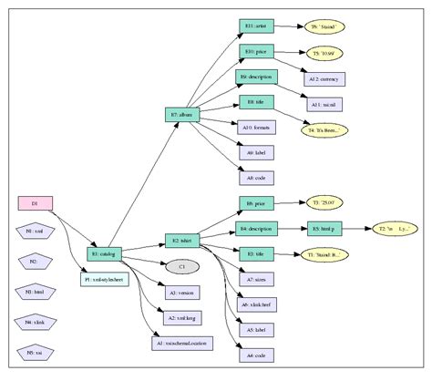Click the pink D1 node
coord(35,202)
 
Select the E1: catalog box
coord(105,252)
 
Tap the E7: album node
coord(181,115)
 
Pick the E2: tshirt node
coord(180,241)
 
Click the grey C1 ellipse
coord(181,266)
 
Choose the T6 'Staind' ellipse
coord(324,28)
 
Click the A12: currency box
coord(324,79)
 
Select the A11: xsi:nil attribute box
coord(324,105)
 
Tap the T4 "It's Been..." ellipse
coord(324,130)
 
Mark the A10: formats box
coord(257,128)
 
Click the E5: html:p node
coord(324,228)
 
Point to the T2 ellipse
coord(393,228)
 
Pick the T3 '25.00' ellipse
coord(324,201)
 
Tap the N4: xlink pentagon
coord(36,322)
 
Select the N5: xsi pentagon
coord(36,352)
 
